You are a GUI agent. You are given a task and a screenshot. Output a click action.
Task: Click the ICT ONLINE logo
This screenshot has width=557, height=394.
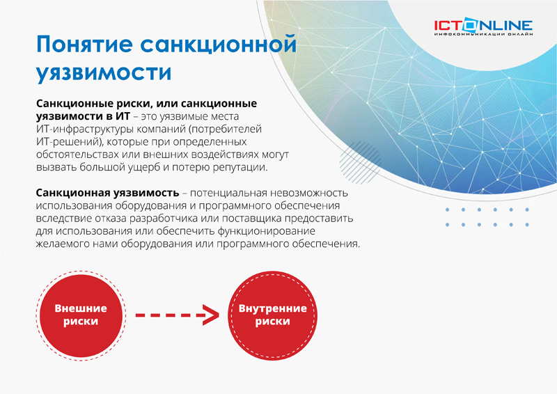pyautogui.click(x=483, y=27)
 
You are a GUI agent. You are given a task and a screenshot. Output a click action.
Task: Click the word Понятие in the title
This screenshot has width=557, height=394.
pyautogui.click(x=84, y=45)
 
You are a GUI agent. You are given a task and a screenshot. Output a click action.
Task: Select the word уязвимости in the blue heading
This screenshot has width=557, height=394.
pyautogui.click(x=104, y=72)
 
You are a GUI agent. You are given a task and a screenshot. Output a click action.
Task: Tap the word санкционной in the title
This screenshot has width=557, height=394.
pyautogui.click(x=218, y=45)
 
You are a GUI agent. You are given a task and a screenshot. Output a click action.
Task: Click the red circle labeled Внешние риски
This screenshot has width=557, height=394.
pyautogui.click(x=81, y=315)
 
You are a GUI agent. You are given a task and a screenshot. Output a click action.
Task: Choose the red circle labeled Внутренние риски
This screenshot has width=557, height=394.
pyautogui.click(x=272, y=315)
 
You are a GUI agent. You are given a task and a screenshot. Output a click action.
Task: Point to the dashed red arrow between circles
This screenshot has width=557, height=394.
pyautogui.click(x=177, y=315)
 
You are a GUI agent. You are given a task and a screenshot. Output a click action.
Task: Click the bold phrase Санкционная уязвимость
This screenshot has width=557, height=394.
pyautogui.click(x=107, y=193)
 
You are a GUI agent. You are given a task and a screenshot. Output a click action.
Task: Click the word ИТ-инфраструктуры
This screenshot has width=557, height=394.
pyautogui.click(x=85, y=129)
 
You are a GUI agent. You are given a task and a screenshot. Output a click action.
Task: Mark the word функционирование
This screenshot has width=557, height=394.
pyautogui.click(x=266, y=231)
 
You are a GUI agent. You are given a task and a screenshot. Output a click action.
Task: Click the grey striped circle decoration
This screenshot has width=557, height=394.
pyautogui.click(x=359, y=162)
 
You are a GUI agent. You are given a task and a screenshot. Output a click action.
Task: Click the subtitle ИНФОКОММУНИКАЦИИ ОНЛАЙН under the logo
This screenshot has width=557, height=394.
pyautogui.click(x=483, y=34)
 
